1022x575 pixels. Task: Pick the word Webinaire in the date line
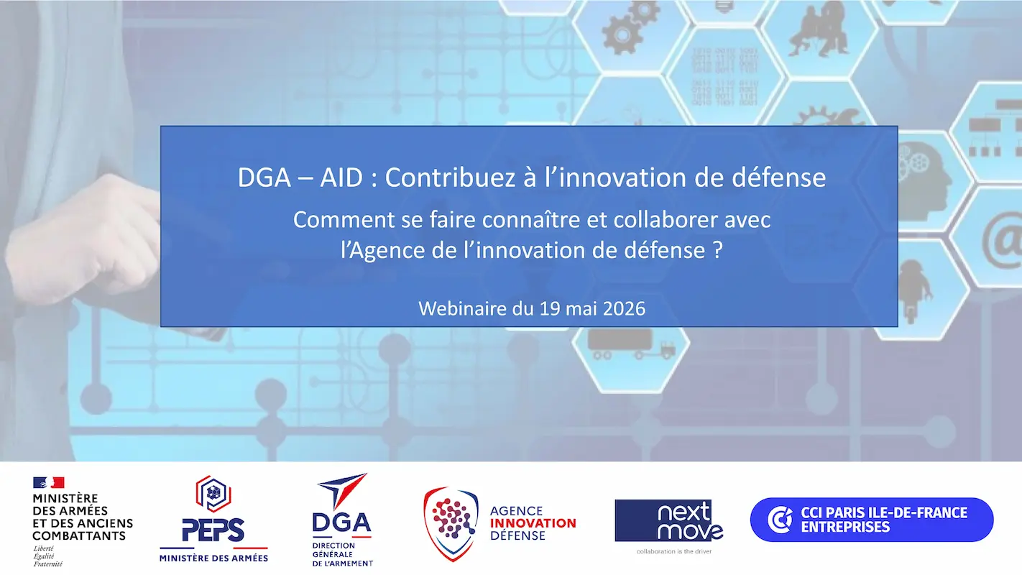[459, 308]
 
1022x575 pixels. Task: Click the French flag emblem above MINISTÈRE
[48, 482]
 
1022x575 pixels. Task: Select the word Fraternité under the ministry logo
[47, 563]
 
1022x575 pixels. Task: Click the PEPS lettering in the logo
[213, 530]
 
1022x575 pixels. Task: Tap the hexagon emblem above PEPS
[213, 494]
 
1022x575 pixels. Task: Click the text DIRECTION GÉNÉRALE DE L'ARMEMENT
[342, 554]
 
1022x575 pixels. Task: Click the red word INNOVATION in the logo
[533, 523]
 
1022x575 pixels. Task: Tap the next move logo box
[668, 520]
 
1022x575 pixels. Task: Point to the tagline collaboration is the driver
[668, 551]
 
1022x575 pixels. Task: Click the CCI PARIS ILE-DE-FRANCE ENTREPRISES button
[871, 520]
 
